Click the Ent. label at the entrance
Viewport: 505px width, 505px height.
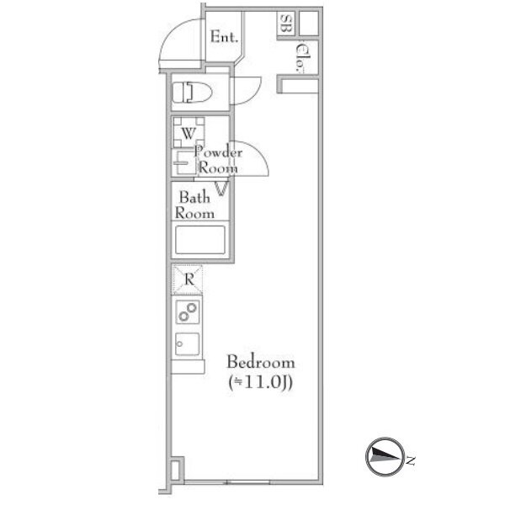pos(224,37)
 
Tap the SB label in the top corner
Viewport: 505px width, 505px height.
pos(285,24)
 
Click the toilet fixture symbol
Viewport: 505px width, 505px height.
pos(192,92)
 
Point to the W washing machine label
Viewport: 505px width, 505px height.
pos(189,133)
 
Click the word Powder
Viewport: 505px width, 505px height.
pos(218,152)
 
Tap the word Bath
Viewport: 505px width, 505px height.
pos(194,197)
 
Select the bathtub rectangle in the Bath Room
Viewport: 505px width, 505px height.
pos(200,240)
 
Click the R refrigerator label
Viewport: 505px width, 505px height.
pos(189,279)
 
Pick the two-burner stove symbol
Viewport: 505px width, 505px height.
pos(188,311)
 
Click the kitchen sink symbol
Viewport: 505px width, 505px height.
pos(188,344)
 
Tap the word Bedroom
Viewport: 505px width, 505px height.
pos(261,362)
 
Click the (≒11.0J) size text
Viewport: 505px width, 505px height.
pos(260,382)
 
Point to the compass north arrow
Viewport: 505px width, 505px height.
pos(385,457)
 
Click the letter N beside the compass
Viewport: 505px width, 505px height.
pos(410,460)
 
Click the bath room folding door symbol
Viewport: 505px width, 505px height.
pos(221,189)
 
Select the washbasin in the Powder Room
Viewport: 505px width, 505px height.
pos(183,162)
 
